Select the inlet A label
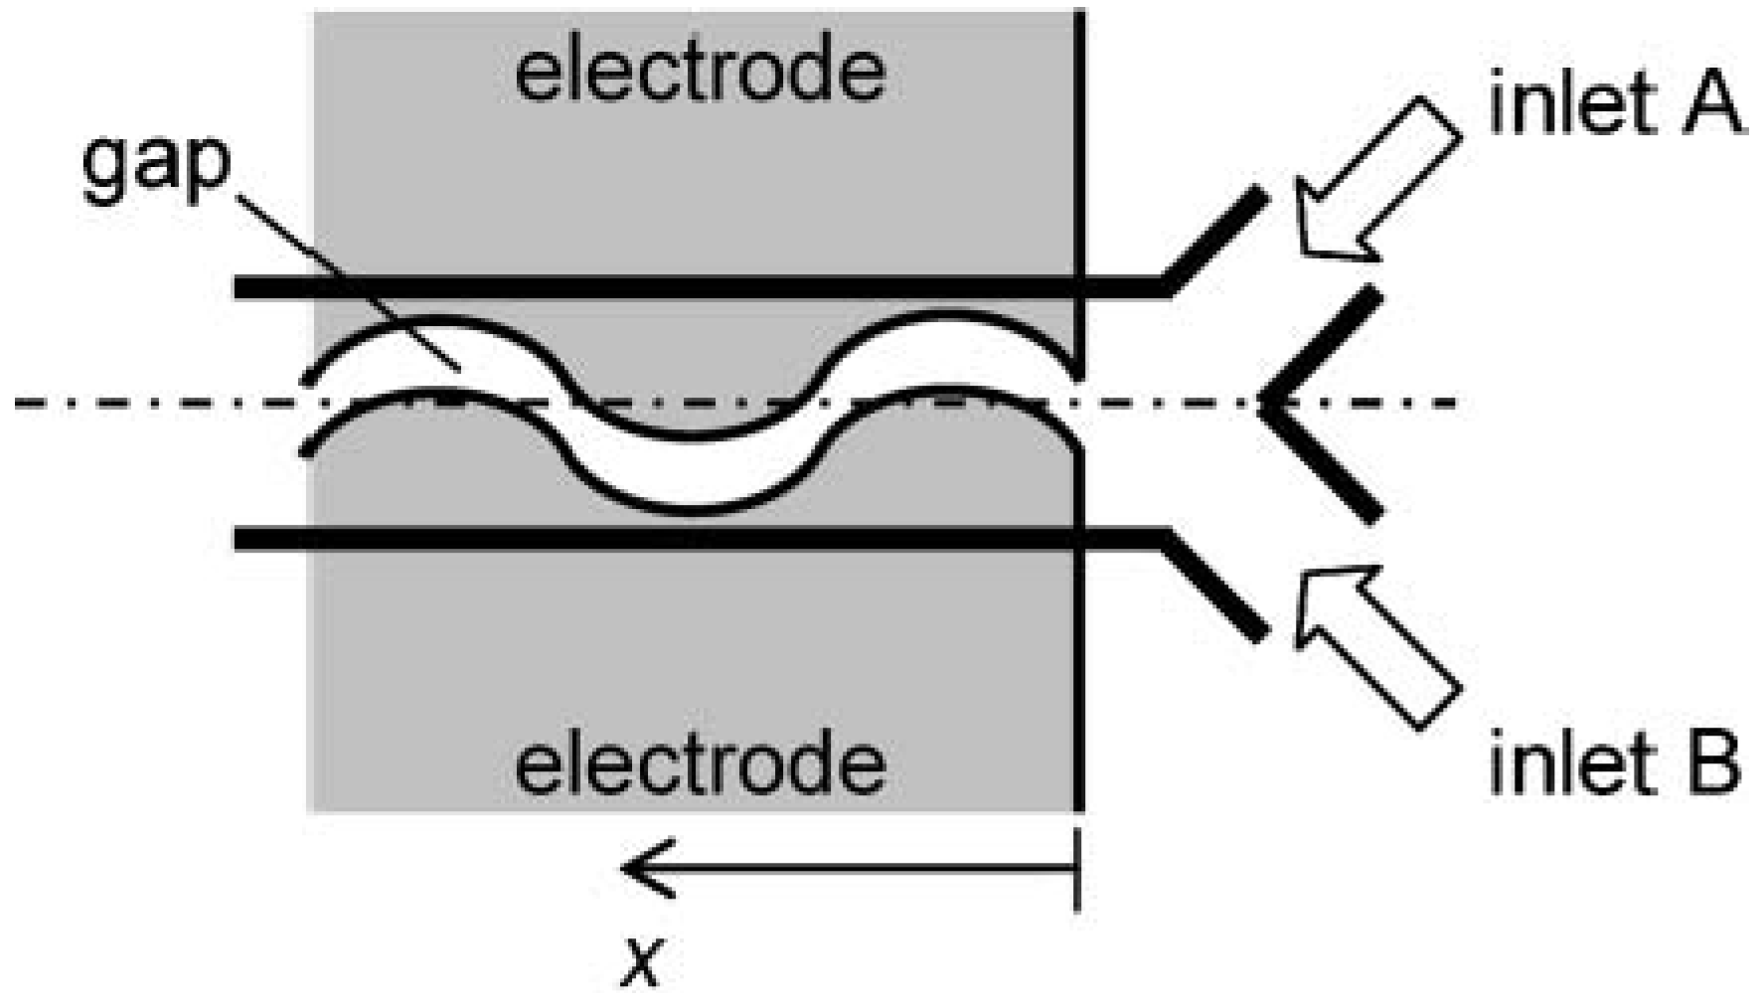1614,107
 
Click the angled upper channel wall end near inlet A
1217,239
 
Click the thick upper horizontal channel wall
696,288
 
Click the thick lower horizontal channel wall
696,540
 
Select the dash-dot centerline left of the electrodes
149,403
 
